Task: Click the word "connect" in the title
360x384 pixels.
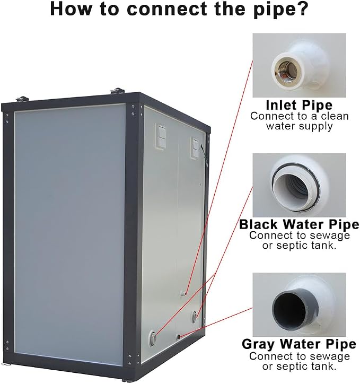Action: [167, 9]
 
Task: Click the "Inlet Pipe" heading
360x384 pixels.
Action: [299, 105]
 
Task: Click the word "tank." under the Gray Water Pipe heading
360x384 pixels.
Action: [325, 366]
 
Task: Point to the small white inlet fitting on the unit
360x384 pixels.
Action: [183, 293]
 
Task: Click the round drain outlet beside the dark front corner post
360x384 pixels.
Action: [153, 338]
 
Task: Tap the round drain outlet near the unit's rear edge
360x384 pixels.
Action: [195, 317]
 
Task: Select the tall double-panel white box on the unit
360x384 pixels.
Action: [161, 136]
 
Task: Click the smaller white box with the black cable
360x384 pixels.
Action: [196, 147]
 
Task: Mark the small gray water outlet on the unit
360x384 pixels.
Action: [179, 337]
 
